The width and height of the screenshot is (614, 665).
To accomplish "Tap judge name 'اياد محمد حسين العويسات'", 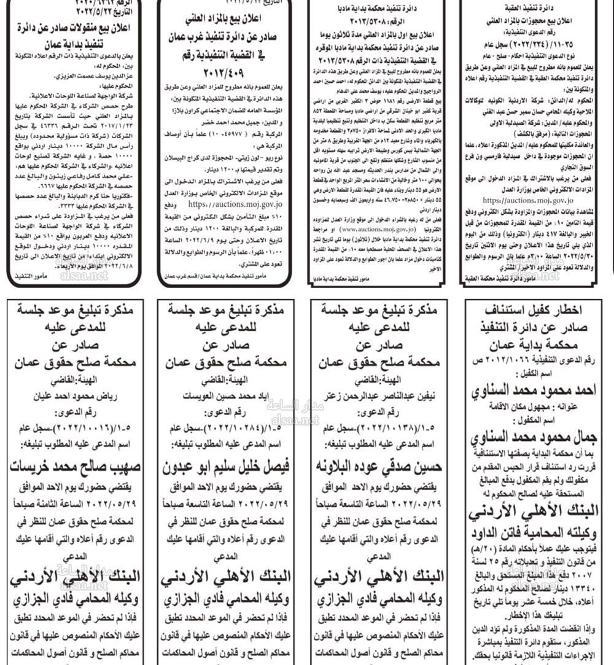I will [x=230, y=396].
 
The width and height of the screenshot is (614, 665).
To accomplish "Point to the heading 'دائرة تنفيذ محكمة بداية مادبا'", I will [x=383, y=11].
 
